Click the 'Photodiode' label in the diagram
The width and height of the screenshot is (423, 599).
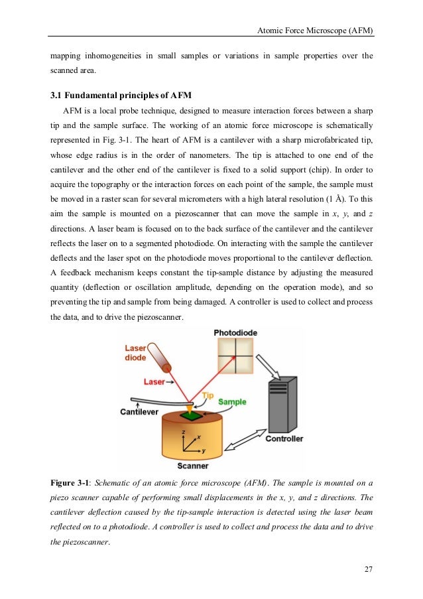(235, 332)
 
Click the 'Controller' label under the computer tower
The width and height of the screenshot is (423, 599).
(284, 438)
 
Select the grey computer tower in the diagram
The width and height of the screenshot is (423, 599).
(284, 405)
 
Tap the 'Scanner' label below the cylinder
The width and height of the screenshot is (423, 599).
(194, 466)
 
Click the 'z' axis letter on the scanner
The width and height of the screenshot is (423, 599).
(182, 431)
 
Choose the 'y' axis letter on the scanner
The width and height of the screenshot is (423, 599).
(204, 450)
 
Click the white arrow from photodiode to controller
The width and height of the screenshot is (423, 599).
(272, 365)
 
